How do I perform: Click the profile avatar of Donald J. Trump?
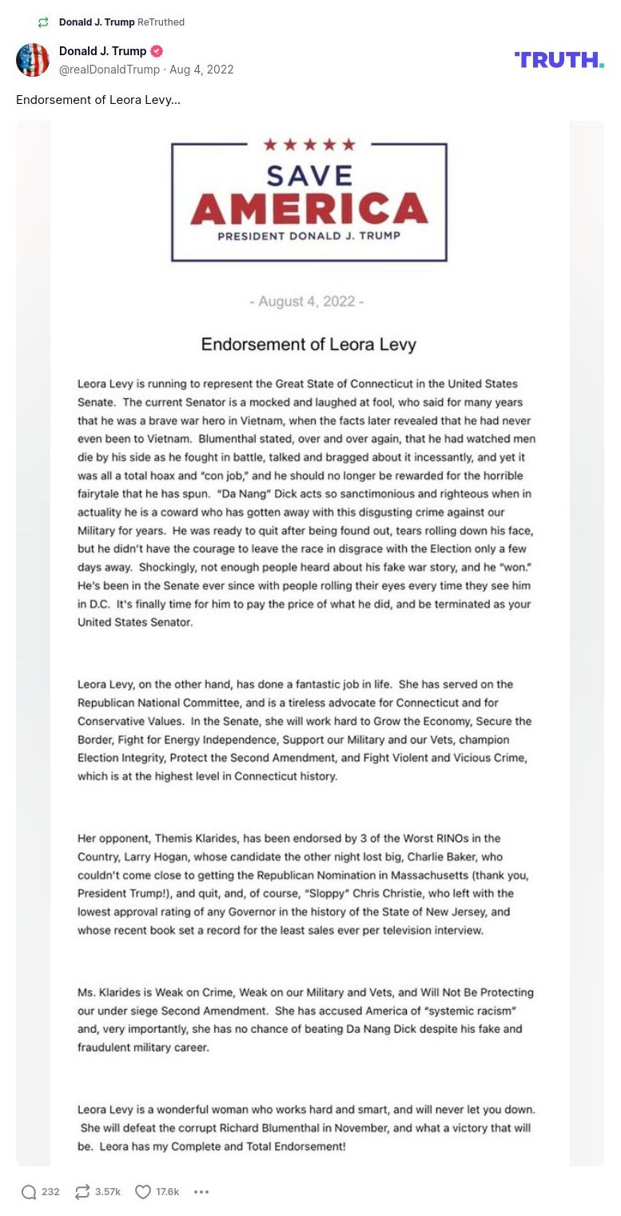33,60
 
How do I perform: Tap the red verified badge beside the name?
157,51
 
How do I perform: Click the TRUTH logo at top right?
559,60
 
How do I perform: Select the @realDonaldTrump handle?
109,70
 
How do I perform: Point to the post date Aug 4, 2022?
201,70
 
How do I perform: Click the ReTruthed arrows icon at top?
43,22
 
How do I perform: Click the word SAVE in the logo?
309,175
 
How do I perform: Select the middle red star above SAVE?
309,145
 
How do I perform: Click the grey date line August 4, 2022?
307,301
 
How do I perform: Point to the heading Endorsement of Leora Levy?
309,345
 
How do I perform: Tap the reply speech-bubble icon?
29,1192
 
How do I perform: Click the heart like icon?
143,1192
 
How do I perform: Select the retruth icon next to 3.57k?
82,1192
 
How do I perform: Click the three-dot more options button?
201,1192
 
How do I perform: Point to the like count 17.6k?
168,1192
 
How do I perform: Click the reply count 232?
50,1192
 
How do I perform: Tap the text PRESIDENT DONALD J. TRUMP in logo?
309,236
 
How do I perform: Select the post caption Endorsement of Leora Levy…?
98,100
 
